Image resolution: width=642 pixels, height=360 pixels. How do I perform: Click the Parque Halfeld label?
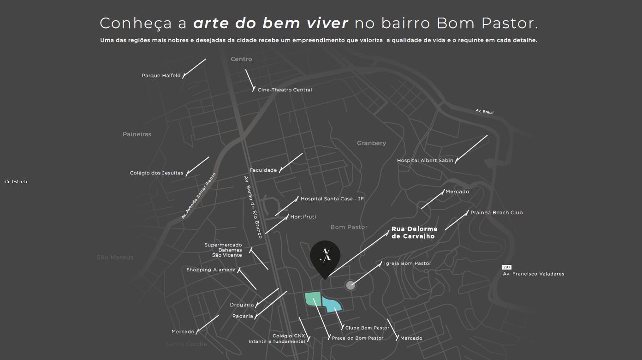[161, 76]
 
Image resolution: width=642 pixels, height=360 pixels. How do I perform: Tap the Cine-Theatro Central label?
[285, 90]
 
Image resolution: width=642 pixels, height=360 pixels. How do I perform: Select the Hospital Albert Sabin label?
[425, 161]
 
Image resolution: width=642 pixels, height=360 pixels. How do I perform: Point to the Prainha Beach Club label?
[496, 213]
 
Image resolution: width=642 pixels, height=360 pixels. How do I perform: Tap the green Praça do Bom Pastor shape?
[313, 299]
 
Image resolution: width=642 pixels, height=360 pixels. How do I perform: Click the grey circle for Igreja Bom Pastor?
[351, 285]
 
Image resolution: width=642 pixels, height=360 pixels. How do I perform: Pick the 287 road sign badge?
[507, 267]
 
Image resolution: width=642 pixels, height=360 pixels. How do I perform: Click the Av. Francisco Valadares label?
[533, 274]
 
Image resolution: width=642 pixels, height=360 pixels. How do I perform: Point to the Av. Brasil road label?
[484, 112]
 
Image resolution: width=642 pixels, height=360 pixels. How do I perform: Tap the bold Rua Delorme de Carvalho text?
[414, 233]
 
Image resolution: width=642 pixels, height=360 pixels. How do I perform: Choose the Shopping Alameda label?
[211, 270]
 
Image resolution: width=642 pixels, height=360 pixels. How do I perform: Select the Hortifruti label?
[303, 217]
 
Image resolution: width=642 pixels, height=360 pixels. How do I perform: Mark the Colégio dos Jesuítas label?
[156, 173]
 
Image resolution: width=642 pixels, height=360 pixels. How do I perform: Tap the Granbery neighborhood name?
[371, 143]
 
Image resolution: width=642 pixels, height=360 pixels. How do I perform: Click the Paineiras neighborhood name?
[137, 134]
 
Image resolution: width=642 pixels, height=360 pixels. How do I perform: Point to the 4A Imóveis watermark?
[16, 182]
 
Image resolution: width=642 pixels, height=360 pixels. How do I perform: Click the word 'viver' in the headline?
[326, 23]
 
